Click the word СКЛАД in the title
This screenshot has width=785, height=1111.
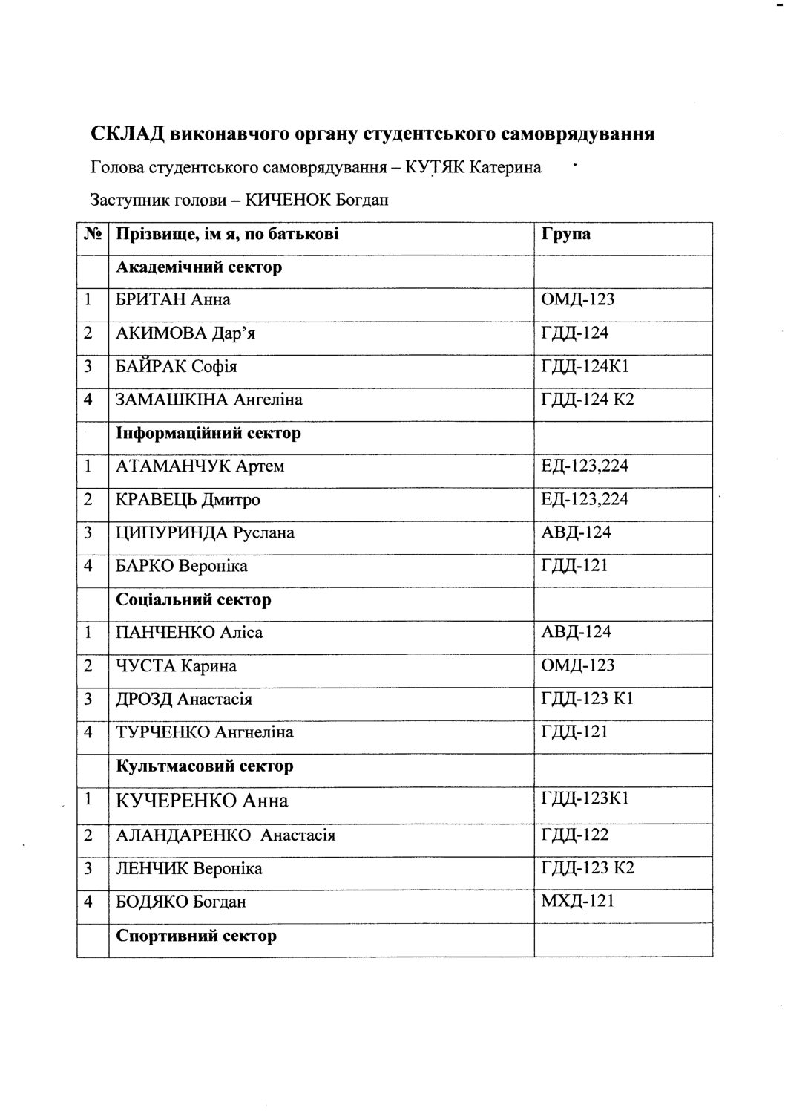(x=127, y=134)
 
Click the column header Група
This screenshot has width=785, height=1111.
(x=566, y=234)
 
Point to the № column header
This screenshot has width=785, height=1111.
(x=93, y=234)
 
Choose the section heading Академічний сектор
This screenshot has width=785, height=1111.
(x=199, y=267)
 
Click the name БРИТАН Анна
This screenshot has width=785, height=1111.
(x=173, y=300)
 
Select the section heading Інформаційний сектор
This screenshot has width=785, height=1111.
(x=208, y=433)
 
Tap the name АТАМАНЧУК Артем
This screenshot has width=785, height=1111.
(x=200, y=466)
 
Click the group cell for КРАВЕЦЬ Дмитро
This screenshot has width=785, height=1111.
(x=585, y=499)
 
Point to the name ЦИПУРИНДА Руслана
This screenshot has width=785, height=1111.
(x=205, y=532)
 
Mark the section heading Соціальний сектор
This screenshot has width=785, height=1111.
(x=194, y=599)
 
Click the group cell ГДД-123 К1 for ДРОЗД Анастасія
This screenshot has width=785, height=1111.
(x=588, y=699)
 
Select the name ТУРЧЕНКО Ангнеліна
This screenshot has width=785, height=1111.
(x=205, y=732)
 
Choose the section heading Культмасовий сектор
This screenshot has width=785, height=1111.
(x=205, y=766)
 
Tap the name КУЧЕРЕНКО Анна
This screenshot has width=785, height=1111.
(x=202, y=801)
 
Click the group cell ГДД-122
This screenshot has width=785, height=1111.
(x=576, y=835)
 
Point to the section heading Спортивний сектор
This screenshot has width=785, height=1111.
(x=197, y=935)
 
